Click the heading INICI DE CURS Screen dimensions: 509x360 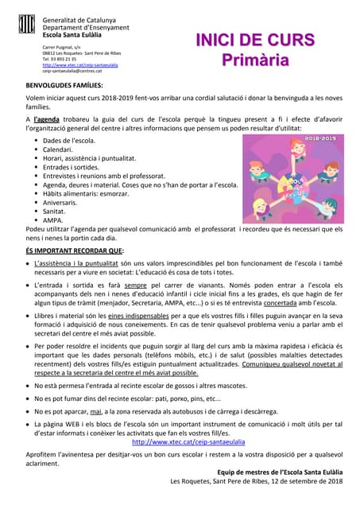[x=254, y=41]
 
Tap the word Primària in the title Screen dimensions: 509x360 [x=255, y=60]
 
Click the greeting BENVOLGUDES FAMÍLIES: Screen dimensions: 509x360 [x=64, y=84]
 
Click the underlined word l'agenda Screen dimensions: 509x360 [x=47, y=119]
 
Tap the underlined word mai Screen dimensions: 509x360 [x=96, y=411]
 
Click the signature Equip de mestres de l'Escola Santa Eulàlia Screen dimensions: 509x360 [x=280, y=472]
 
